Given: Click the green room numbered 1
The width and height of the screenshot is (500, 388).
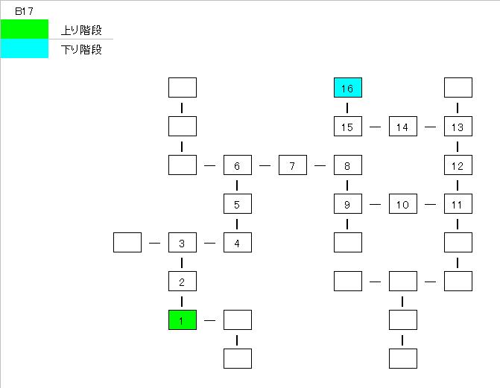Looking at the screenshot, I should click(182, 320).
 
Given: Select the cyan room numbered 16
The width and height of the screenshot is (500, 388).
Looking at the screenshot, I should click(347, 88).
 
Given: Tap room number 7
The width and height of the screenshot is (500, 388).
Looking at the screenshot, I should click(293, 165).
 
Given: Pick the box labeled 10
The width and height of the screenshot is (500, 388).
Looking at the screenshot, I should click(402, 204).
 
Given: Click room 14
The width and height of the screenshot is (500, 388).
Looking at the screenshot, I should click(402, 127).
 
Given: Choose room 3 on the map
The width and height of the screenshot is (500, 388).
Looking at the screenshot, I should click(182, 243).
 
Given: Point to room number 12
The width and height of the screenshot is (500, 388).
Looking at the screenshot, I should click(458, 165).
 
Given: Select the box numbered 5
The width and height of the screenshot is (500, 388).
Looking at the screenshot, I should click(237, 204).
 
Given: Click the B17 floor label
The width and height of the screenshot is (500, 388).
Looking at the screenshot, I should click(23, 11).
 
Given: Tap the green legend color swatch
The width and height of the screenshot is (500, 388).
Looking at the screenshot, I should click(24, 29).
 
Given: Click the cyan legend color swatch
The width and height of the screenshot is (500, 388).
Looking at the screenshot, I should click(24, 49).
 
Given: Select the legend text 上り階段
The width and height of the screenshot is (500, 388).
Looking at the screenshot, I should click(80, 31).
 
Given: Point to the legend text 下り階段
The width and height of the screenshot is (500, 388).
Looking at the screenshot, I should click(80, 50).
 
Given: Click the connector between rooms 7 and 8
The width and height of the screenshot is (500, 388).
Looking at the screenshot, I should click(320, 165).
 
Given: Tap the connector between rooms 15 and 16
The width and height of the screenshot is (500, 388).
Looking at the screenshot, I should click(347, 107).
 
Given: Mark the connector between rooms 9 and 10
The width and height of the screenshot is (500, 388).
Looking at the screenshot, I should click(375, 204).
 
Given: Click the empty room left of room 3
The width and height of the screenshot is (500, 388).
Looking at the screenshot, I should click(127, 243).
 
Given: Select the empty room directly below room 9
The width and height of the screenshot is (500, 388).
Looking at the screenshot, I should click(347, 243).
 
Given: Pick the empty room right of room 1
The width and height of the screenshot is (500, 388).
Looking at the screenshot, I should click(237, 320).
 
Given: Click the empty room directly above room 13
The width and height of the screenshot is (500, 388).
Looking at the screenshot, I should click(458, 88).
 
